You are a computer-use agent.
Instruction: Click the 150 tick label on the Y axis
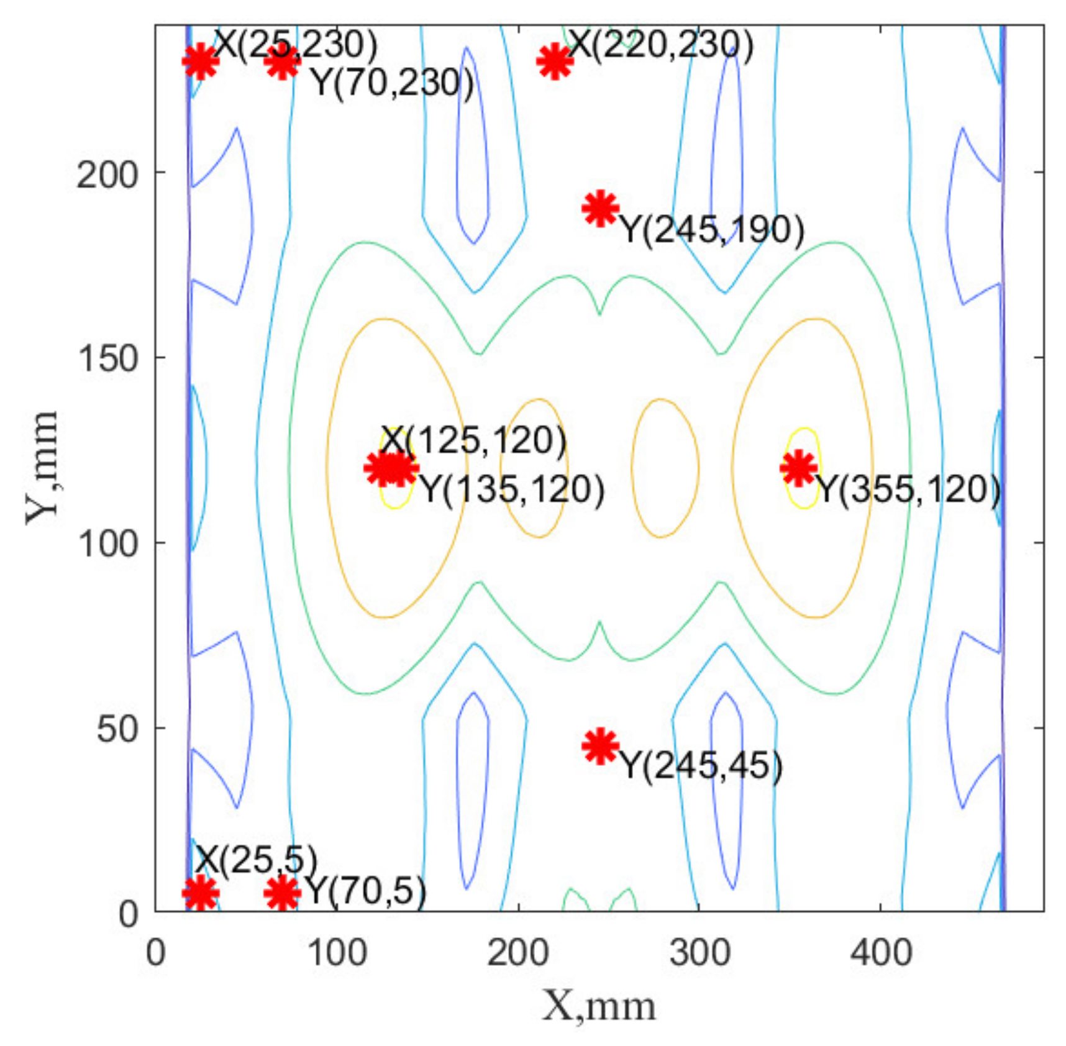(107, 358)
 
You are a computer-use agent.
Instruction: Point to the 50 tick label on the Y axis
(117, 729)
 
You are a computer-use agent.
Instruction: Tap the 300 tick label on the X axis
(699, 952)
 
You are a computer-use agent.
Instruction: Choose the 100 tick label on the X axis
(337, 952)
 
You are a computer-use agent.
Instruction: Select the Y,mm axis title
(42, 467)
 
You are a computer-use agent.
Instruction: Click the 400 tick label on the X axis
(881, 952)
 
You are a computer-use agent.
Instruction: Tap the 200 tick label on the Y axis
(107, 175)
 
